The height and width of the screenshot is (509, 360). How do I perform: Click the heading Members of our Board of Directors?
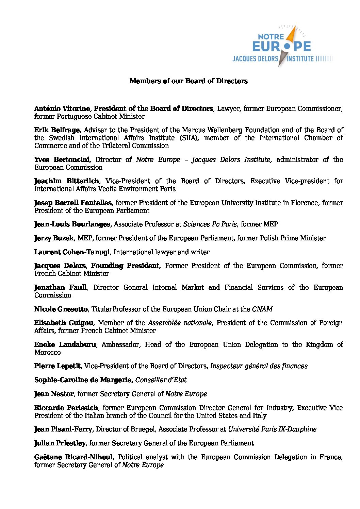[x=189, y=81]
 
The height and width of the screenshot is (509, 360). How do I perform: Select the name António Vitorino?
[x=62, y=108]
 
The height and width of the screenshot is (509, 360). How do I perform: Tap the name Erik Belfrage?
[x=57, y=130]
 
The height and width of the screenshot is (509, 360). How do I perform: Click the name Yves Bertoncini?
[x=62, y=159]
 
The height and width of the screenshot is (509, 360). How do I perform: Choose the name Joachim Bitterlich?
[x=67, y=181]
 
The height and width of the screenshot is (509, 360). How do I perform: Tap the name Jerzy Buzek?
[x=54, y=238]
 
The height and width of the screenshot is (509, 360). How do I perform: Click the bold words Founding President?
[x=125, y=266]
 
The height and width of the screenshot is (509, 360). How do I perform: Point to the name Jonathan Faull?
[x=61, y=287]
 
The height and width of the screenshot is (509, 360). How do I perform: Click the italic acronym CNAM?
[x=262, y=309]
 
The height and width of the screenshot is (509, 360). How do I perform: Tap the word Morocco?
[x=47, y=352]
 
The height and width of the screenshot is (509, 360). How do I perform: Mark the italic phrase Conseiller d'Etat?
[x=161, y=380]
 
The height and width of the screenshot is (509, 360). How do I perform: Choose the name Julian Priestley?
[x=60, y=443]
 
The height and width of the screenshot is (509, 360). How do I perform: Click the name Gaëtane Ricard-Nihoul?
[x=73, y=457]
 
